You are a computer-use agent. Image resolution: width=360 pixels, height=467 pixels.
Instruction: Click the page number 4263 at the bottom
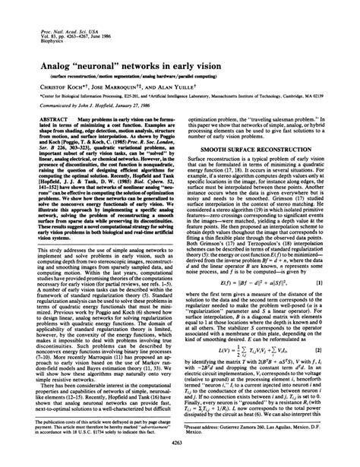click(180, 453)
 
